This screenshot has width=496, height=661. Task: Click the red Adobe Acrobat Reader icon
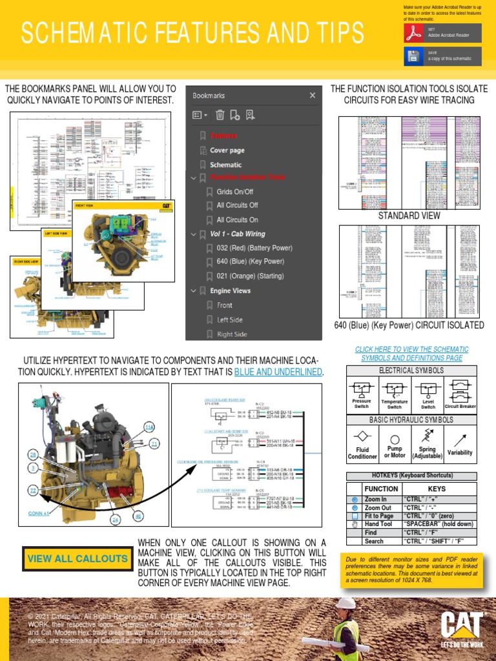click(x=413, y=34)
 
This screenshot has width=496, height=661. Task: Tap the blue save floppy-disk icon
click(x=413, y=56)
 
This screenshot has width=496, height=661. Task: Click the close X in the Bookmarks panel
click(x=313, y=96)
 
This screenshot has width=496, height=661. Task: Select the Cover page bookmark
click(x=227, y=150)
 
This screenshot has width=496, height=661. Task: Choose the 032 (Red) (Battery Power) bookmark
click(x=254, y=248)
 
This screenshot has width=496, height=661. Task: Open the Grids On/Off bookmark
click(x=234, y=192)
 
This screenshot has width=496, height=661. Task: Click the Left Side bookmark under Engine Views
click(x=230, y=320)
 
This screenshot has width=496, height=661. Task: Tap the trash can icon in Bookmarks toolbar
click(x=220, y=115)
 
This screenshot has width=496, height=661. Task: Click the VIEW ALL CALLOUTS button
click(x=77, y=558)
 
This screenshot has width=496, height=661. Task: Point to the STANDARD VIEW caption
click(x=409, y=216)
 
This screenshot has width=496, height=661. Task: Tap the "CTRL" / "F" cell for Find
click(x=437, y=533)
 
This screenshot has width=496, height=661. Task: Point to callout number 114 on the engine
click(x=149, y=427)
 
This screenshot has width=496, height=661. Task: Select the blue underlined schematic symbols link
click(x=411, y=353)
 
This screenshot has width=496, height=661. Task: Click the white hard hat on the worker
click(x=347, y=603)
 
